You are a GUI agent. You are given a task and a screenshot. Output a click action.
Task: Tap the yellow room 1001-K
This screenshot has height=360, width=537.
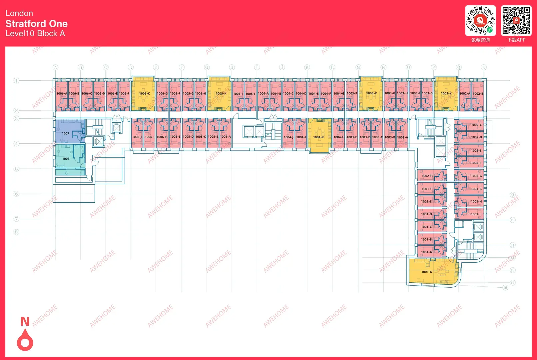[430, 272]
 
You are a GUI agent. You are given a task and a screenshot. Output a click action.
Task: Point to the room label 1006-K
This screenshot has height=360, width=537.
[144, 94]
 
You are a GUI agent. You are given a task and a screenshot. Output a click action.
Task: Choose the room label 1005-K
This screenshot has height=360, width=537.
[221, 94]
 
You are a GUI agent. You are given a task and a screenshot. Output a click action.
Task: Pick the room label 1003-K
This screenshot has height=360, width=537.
[371, 93]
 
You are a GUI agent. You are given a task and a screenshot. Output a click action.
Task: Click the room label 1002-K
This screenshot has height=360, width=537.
[446, 94]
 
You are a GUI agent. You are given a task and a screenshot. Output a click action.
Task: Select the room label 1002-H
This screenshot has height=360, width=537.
[427, 176]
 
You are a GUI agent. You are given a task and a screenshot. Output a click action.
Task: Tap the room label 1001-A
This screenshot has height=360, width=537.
[426, 252]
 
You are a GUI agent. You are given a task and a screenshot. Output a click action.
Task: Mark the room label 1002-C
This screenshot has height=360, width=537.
[476, 125]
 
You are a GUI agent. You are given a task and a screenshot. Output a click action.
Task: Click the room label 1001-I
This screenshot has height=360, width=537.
[475, 214]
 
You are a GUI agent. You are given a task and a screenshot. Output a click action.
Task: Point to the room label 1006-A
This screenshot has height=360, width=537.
[62, 94]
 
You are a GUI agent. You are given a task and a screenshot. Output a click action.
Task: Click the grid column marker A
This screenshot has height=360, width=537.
[55, 67]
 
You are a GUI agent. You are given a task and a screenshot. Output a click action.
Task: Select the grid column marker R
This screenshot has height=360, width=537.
[484, 67]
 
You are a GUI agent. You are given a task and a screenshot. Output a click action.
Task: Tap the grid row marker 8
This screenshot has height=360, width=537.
[16, 232]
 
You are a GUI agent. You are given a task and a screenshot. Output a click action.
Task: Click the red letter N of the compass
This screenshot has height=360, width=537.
[25, 321]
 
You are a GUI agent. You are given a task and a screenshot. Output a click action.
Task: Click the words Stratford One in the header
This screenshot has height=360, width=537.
[36, 24]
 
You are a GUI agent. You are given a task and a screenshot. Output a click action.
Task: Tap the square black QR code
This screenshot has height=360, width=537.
[516, 20]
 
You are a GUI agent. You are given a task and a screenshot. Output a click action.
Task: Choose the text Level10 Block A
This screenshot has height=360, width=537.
[35, 34]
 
